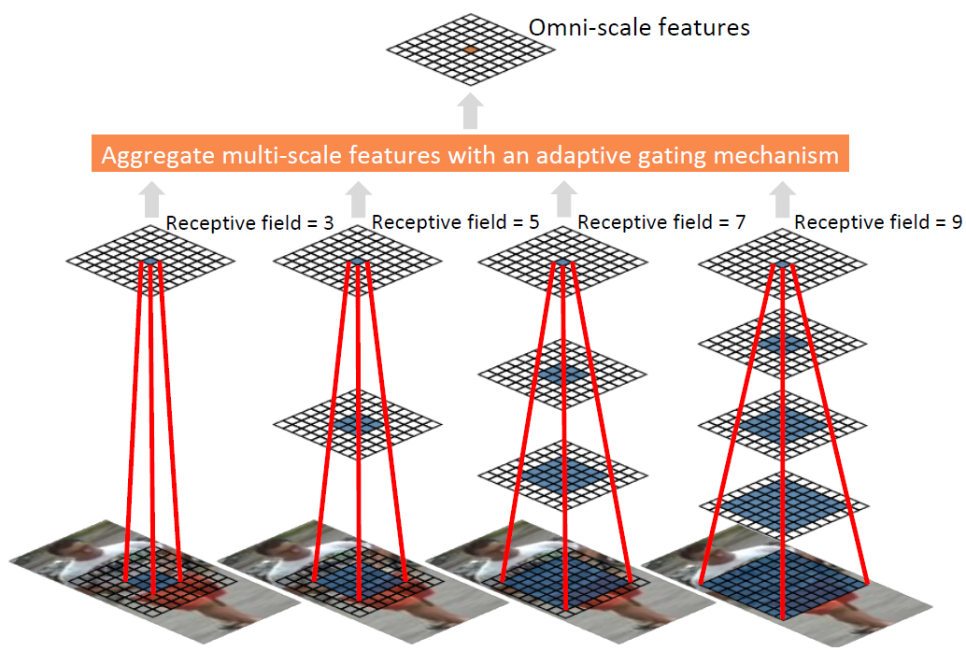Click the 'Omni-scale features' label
point(639,27)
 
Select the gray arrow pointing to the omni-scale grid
point(471,110)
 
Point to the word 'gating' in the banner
point(684,155)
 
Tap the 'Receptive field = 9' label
point(877,222)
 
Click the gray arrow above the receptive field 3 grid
point(149,198)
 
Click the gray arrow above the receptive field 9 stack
point(785,198)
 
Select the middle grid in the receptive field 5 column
point(356,425)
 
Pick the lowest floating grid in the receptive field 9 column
point(784,505)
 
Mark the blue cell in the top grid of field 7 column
point(561,262)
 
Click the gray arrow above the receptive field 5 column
point(357,198)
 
